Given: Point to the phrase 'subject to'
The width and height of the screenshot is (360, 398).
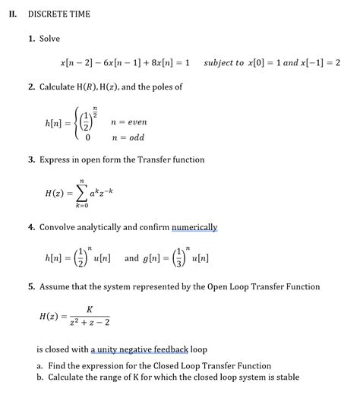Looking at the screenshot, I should click(x=224, y=62).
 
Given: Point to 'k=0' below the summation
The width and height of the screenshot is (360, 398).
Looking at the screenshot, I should click(x=82, y=206).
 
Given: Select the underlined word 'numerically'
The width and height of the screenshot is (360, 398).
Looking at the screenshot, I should click(x=194, y=227).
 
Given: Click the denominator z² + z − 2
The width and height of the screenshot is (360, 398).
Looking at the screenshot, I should click(x=89, y=323).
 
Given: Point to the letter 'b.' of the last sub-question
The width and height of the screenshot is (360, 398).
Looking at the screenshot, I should click(x=40, y=377).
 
